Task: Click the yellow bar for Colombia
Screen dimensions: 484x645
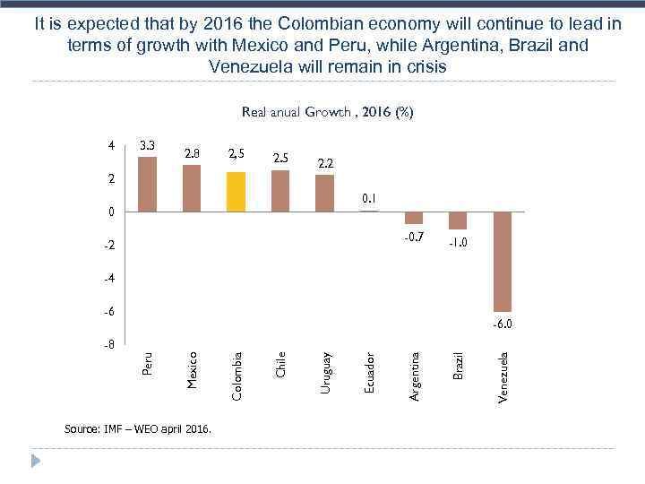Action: [x=236, y=191]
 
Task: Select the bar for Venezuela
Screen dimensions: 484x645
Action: [x=502, y=262]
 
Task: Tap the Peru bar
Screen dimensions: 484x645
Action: [x=148, y=185]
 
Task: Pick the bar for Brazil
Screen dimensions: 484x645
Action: [x=458, y=220]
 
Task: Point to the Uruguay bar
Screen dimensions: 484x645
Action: [x=324, y=194]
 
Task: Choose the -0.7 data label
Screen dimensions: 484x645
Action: [x=413, y=238]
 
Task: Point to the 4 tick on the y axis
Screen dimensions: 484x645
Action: [x=110, y=146]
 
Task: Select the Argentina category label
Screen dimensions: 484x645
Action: [x=415, y=376]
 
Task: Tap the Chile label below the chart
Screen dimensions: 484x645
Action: [x=280, y=364]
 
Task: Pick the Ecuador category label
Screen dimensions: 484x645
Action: [x=370, y=371]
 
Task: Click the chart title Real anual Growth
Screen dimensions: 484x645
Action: [x=327, y=113]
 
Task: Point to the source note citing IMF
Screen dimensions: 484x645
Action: [x=139, y=429]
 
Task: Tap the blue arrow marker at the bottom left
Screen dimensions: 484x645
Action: [x=36, y=461]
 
